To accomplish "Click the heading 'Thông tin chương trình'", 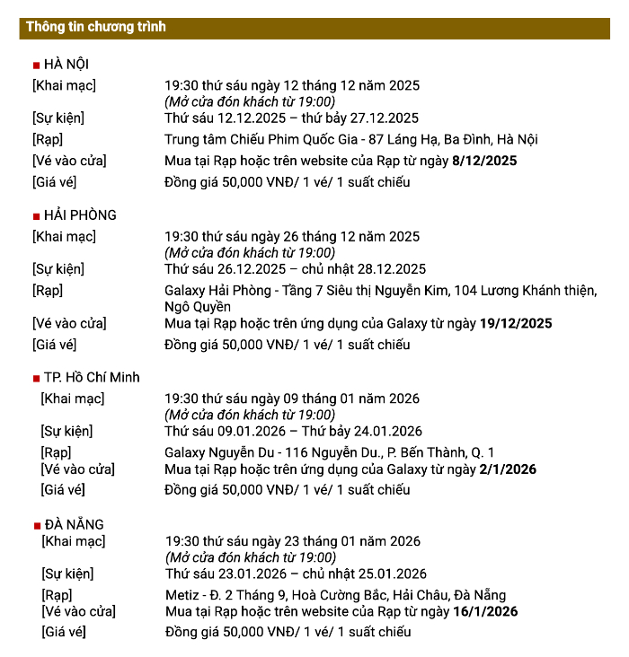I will pos(96,27).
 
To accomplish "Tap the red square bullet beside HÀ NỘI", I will pos(36,66).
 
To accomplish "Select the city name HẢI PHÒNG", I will pos(80,215).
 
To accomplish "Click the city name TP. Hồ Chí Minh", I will pos(92,378).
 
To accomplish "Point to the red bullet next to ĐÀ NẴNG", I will pos(36,526).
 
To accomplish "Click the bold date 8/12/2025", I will pos(485,161).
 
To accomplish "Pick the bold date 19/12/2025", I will pos(516,323).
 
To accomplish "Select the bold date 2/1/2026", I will pos(508,469).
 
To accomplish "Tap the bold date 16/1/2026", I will pos(485,612).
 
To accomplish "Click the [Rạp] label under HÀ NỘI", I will pos(48,139).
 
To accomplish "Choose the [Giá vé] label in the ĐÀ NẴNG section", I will pos(63,632).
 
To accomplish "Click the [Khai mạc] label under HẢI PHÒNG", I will pos(64,237).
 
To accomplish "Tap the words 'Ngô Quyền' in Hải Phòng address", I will pos(198,306).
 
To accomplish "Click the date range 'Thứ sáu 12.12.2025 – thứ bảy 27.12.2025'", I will pos(291,118).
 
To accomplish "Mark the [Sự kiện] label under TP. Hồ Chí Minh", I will pos(66,431).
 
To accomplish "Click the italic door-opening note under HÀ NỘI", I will pos(249,101).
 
